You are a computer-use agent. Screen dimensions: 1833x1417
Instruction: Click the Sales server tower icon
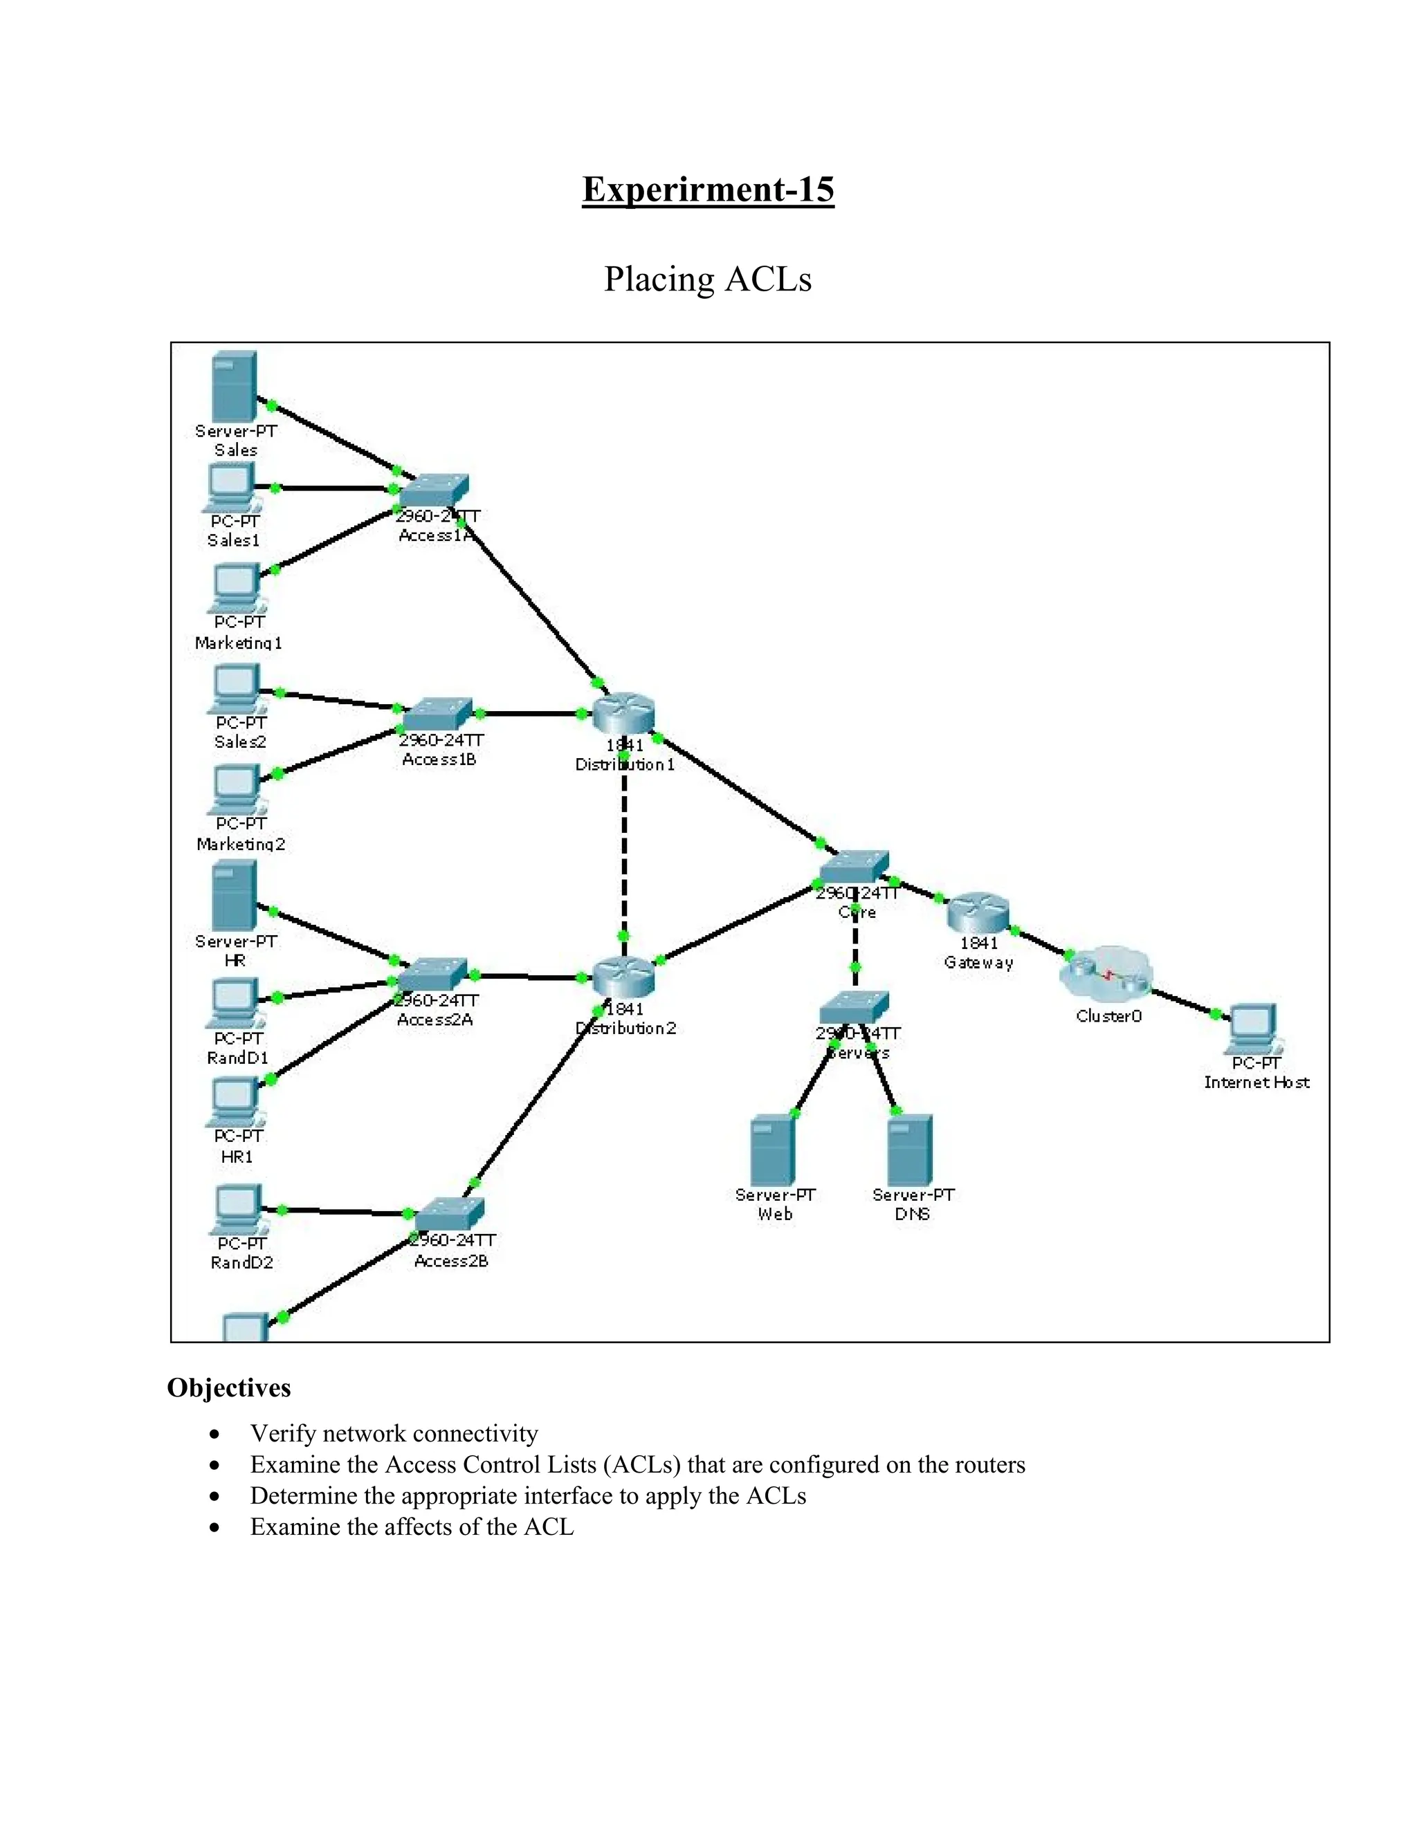pos(235,386)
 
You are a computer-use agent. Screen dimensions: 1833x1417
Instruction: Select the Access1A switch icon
pos(434,490)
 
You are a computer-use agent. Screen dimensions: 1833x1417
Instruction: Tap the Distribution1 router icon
pos(623,715)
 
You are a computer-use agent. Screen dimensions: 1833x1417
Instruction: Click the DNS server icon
pos(910,1149)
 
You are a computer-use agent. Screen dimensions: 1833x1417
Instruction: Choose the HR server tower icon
pos(235,896)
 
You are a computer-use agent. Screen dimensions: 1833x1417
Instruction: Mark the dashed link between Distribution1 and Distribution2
pos(623,848)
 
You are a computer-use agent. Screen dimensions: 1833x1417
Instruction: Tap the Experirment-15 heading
pos(708,190)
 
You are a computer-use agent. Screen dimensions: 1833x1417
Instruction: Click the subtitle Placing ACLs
pos(708,279)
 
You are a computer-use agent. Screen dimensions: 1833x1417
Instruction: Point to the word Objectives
pos(229,1388)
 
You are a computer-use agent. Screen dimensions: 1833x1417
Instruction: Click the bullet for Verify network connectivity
pos(216,1433)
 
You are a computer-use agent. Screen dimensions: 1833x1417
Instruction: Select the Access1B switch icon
pos(437,715)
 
